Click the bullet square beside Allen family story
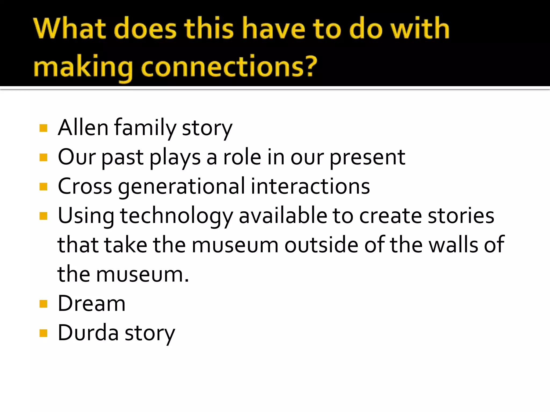click(x=43, y=128)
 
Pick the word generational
click(x=181, y=187)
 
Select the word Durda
click(x=88, y=333)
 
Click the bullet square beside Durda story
click(x=43, y=333)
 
